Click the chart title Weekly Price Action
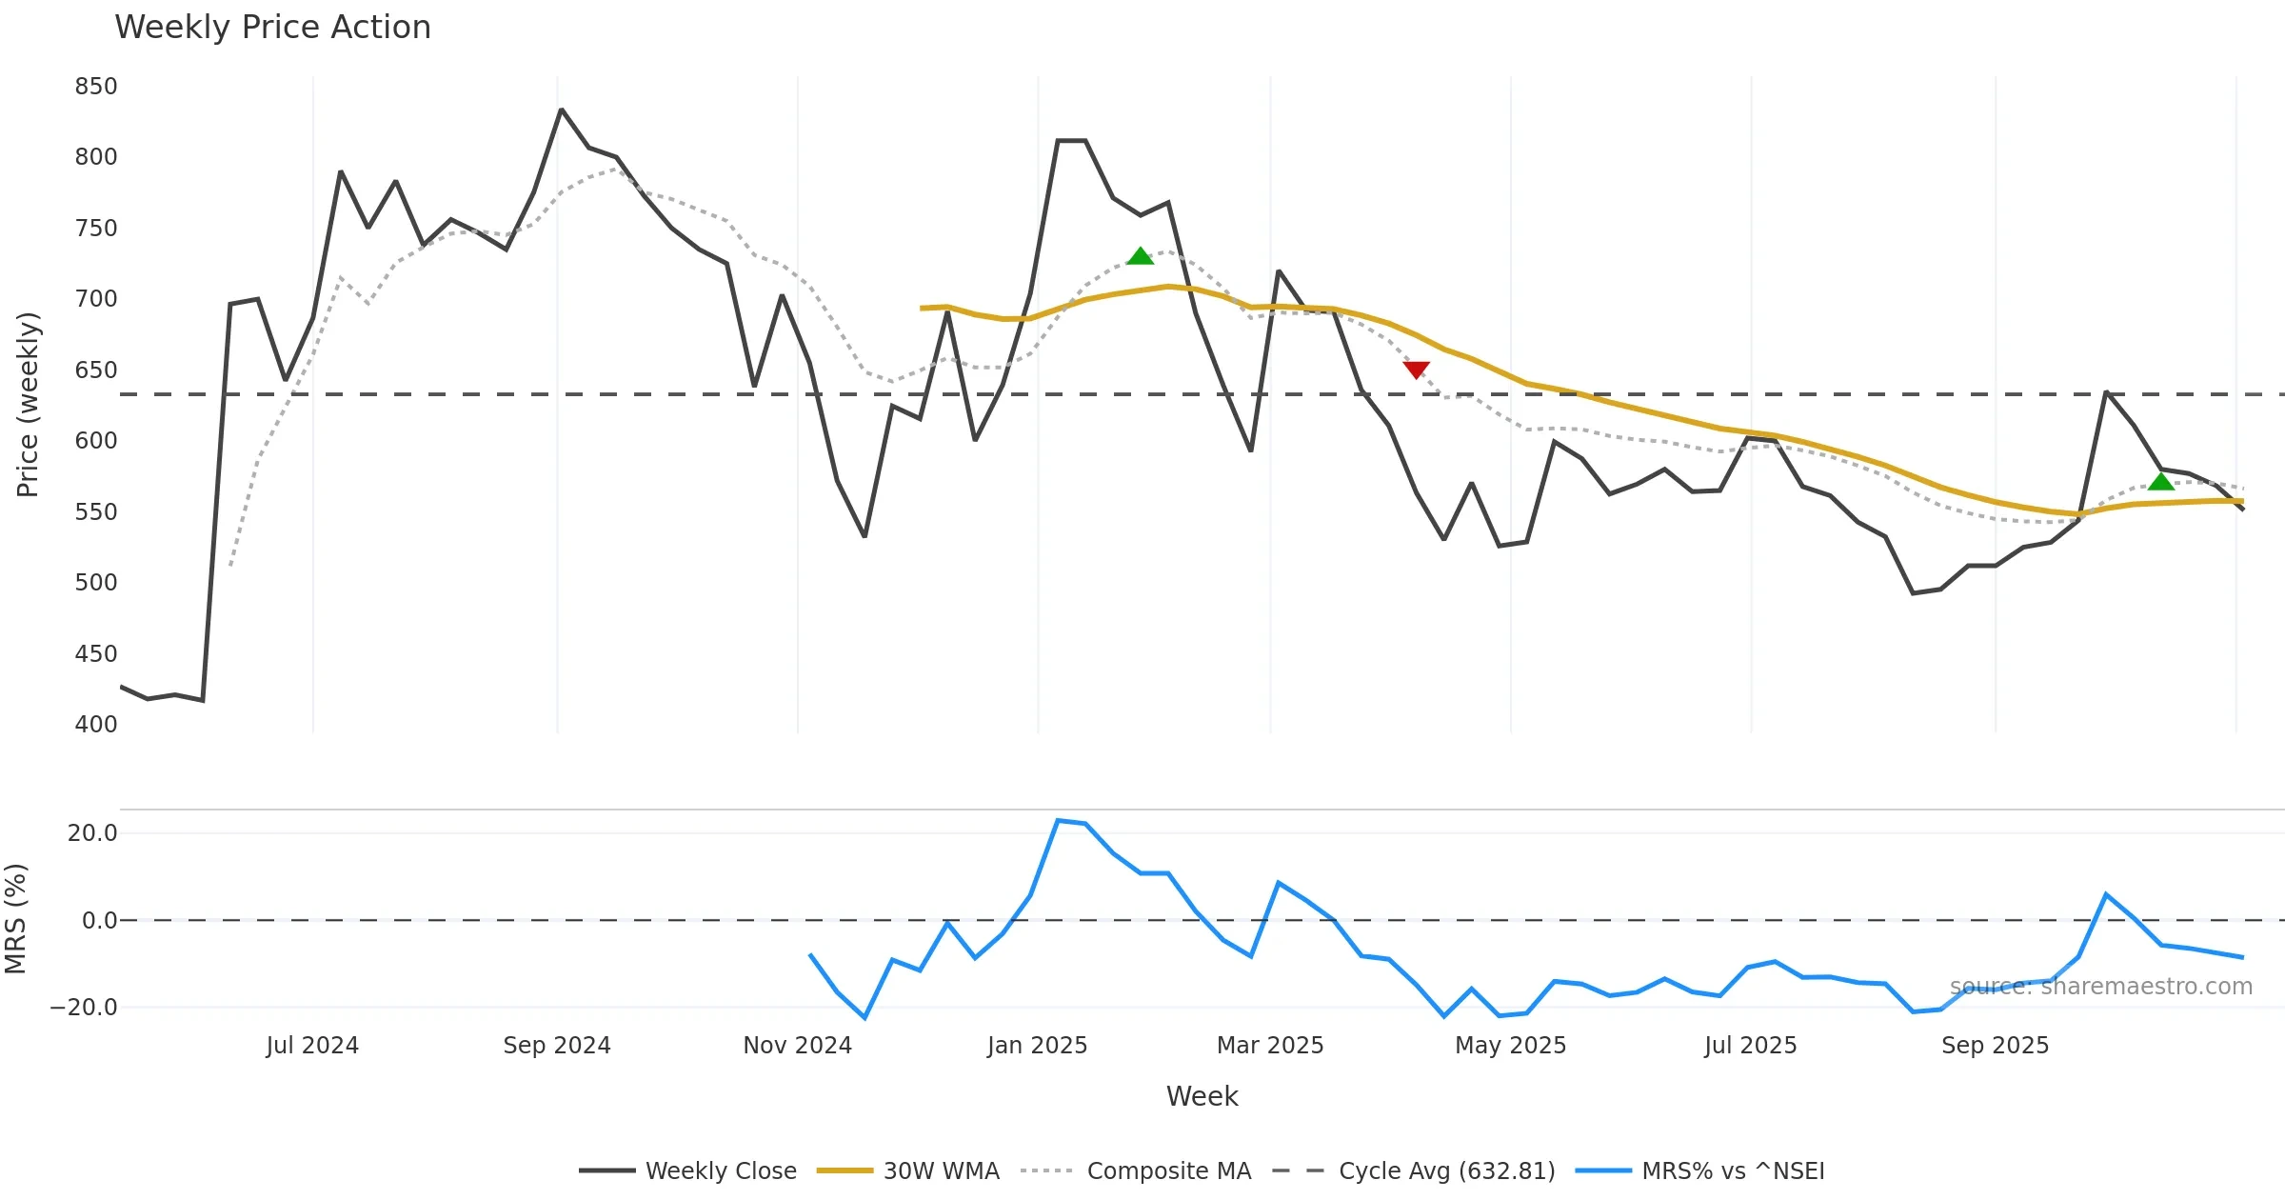(272, 28)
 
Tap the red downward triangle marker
(1416, 370)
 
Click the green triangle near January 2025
(1140, 256)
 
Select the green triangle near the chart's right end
(2160, 482)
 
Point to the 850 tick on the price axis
(96, 87)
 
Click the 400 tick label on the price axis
(96, 725)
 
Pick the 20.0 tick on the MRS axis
(92, 833)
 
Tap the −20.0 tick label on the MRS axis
(84, 1008)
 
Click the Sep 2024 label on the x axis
(557, 1046)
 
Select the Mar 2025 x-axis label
(1270, 1046)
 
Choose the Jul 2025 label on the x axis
(1750, 1046)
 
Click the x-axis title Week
(1202, 1097)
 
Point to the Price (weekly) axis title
(28, 405)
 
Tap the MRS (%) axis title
(15, 919)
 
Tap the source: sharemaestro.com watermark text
(2100, 987)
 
